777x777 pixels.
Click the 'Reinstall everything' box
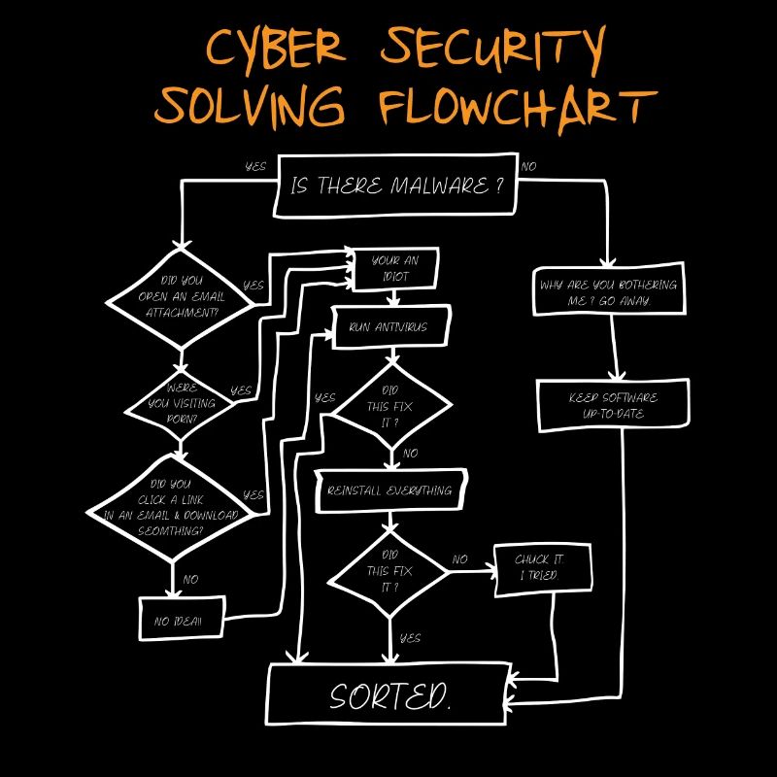tap(390, 491)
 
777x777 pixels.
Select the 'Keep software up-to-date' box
tap(613, 406)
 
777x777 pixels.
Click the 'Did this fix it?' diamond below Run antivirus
tap(391, 406)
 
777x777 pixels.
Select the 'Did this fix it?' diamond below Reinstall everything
tap(389, 572)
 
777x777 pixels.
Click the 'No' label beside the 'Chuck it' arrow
tap(460, 559)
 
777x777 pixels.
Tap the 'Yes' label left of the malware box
tap(255, 167)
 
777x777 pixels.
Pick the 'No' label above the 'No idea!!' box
tap(190, 580)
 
